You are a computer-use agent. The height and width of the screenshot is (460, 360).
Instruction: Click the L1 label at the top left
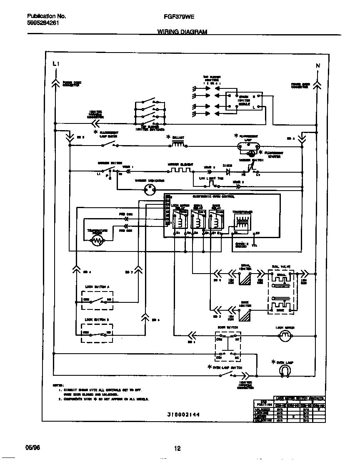tap(56, 64)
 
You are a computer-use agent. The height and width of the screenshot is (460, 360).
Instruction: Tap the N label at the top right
tap(317, 66)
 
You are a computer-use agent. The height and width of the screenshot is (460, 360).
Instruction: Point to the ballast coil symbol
tap(178, 145)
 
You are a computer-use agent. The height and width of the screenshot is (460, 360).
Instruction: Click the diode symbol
tap(228, 171)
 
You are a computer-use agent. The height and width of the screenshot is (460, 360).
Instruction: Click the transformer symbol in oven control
tap(242, 222)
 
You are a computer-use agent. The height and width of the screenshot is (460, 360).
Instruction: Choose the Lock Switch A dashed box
tap(97, 300)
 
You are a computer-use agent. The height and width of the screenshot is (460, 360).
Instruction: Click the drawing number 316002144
tap(180, 415)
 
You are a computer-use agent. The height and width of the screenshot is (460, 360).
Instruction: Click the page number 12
tap(177, 449)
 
